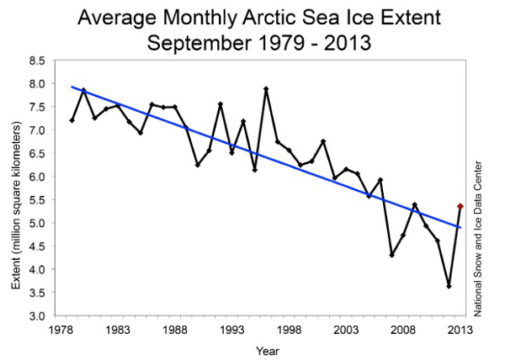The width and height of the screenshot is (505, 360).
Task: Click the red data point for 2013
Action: coord(460,206)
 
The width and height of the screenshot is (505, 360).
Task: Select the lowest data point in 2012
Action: coord(449,286)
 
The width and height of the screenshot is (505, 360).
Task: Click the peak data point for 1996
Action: coord(266,88)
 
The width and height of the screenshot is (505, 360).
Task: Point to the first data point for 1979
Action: coord(72,120)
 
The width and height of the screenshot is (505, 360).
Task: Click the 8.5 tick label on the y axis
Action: coord(36,61)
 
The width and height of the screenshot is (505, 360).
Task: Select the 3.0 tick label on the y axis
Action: coord(36,316)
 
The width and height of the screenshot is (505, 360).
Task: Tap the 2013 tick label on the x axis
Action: coord(460,331)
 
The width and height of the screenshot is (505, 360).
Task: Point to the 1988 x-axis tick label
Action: coord(174,331)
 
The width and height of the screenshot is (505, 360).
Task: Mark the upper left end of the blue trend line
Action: coord(72,86)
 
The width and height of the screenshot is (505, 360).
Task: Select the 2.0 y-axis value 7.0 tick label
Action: coord(36,130)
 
